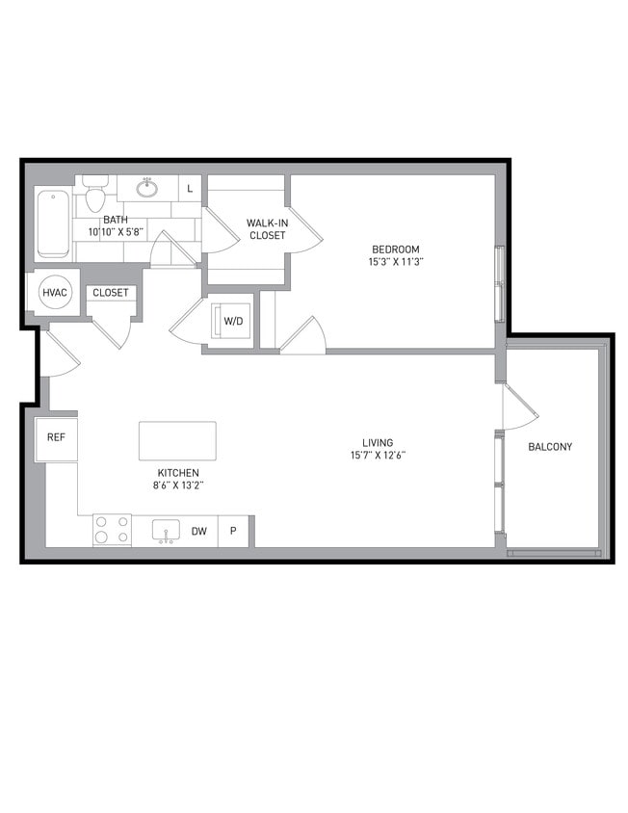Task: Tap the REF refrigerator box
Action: [x=56, y=437]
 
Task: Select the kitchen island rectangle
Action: [x=177, y=441]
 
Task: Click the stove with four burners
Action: [x=112, y=530]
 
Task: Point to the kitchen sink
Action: [x=166, y=531]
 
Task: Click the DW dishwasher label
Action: [x=198, y=531]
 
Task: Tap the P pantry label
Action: [x=233, y=531]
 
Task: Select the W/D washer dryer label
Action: [x=233, y=320]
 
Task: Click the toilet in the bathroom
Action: [x=94, y=198]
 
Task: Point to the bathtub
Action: [x=52, y=223]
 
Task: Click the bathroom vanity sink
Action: [x=147, y=188]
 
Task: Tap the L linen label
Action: [x=190, y=189]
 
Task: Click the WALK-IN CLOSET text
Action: [x=266, y=228]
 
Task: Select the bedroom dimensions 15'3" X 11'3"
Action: [x=395, y=262]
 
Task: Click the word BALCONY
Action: [x=550, y=447]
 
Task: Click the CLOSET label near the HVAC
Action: [x=111, y=293]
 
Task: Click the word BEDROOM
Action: [x=395, y=249]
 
